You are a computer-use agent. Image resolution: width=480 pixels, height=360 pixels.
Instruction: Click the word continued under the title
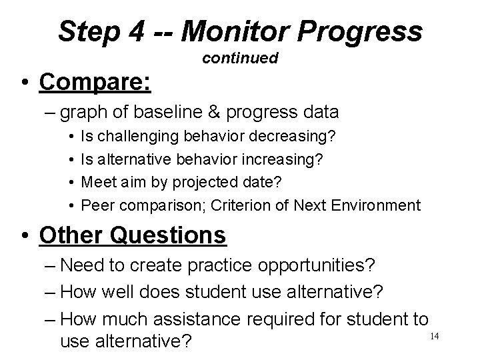click(x=240, y=59)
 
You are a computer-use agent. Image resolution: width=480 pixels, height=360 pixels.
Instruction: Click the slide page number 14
click(x=433, y=335)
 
